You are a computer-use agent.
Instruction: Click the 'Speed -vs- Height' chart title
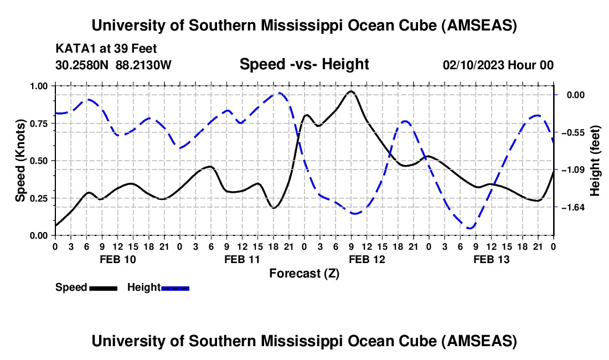pyautogui.click(x=304, y=65)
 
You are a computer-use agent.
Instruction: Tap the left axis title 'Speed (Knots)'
pyautogui.click(x=20, y=161)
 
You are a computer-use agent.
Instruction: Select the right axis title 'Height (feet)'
pyautogui.click(x=596, y=161)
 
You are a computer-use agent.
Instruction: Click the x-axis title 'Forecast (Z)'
pyautogui.click(x=304, y=273)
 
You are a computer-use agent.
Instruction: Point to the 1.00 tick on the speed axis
pyautogui.click(x=39, y=86)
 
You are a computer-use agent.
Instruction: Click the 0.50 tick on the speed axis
pyautogui.click(x=39, y=161)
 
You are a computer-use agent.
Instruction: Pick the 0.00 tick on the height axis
pyautogui.click(x=573, y=95)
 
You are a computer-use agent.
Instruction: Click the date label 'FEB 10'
pyautogui.click(x=117, y=259)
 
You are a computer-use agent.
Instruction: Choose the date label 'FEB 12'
pyautogui.click(x=366, y=259)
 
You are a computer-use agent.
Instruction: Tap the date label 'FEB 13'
pyautogui.click(x=491, y=259)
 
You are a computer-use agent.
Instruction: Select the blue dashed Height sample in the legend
pyautogui.click(x=176, y=288)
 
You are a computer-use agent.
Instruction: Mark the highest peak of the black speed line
pyautogui.click(x=351, y=91)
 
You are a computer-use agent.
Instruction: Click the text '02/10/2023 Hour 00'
pyautogui.click(x=498, y=65)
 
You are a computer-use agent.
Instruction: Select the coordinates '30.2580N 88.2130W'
pyautogui.click(x=113, y=65)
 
